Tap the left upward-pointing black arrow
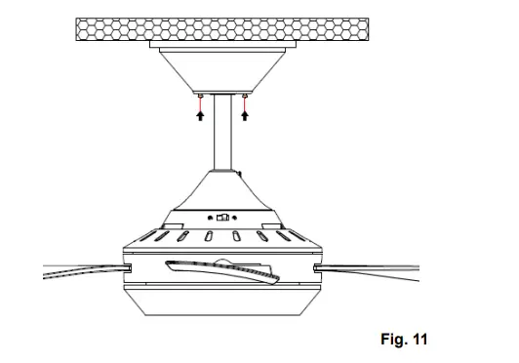200,115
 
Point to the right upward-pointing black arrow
244,115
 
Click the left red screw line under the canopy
200,101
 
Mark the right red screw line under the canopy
244,101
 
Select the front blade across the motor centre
224,271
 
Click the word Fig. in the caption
392,340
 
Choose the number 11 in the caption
419,340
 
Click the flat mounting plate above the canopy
222,45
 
